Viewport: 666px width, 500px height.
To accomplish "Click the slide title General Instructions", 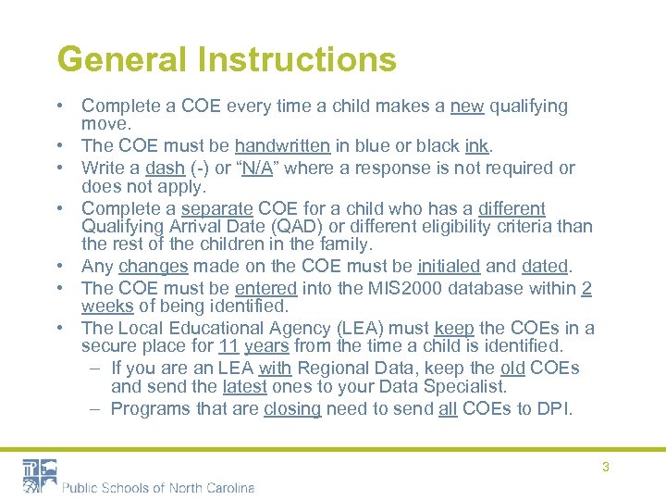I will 227,60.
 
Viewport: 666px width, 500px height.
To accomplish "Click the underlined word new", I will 467,106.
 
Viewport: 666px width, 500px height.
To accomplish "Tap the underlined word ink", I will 476,145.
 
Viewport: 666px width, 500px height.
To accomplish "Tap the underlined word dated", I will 544,267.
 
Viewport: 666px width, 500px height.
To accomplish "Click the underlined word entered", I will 265,288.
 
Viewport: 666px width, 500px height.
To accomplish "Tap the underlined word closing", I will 291,408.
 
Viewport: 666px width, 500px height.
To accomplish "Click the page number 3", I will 606,467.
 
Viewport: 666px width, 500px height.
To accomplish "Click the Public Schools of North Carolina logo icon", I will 40,474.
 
